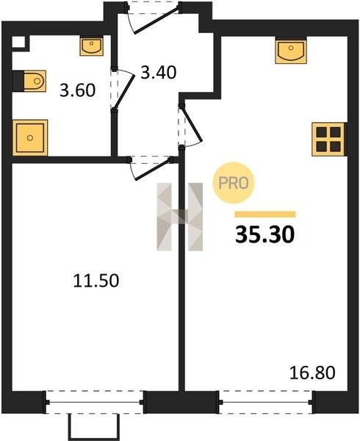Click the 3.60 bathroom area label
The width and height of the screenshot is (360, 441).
point(78,90)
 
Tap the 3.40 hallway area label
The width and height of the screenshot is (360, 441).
point(159,72)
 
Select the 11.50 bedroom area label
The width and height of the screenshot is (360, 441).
point(96,281)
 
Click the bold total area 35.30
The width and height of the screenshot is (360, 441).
point(264,234)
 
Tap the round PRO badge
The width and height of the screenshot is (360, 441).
point(233,183)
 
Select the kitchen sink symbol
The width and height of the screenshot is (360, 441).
point(291,51)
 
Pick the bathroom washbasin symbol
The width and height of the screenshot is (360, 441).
point(91,46)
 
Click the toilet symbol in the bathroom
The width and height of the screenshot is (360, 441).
point(29,81)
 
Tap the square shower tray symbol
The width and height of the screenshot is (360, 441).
point(30,138)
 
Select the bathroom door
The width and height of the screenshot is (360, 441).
point(122,89)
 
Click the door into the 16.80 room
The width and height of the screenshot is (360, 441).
point(190,125)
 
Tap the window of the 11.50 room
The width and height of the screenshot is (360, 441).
point(95,402)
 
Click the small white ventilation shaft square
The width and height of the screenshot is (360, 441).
point(18,43)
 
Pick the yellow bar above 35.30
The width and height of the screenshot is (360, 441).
point(265,215)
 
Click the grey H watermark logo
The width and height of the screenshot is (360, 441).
point(179,217)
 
